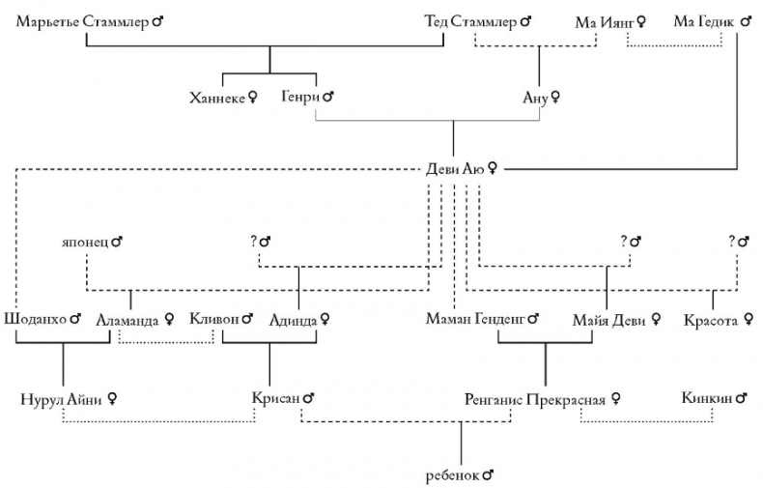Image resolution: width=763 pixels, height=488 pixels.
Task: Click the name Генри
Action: click(x=300, y=97)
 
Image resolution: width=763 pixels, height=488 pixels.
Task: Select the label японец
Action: click(x=86, y=241)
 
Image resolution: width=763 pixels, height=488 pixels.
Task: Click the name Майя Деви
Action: click(x=609, y=318)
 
